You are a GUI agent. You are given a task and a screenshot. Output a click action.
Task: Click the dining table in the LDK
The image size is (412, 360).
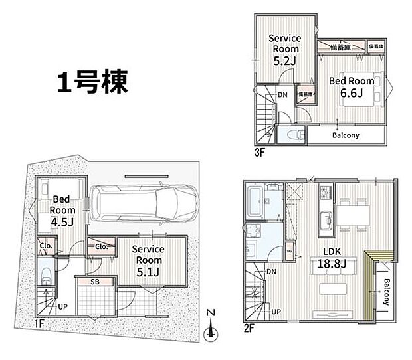pyautogui.click(x=352, y=215)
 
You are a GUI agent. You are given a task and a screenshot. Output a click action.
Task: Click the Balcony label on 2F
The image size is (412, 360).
pyautogui.click(x=387, y=292)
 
